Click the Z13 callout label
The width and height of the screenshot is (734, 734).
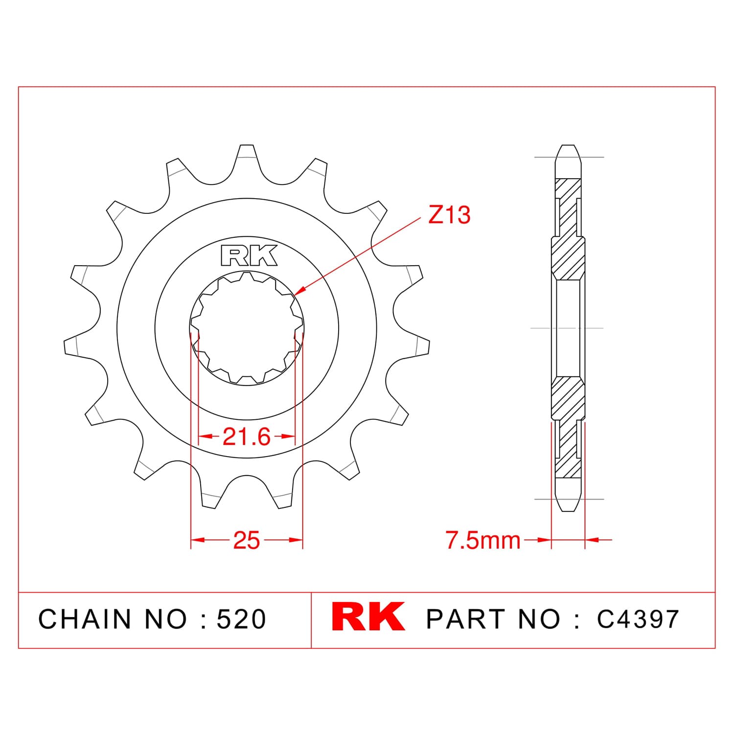click(449, 215)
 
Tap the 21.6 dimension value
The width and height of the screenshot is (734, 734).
click(246, 436)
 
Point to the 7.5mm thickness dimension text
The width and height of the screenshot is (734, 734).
click(483, 540)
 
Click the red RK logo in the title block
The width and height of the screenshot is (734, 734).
click(368, 617)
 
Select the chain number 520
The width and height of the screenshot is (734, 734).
click(242, 619)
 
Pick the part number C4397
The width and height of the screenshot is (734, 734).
click(638, 619)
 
